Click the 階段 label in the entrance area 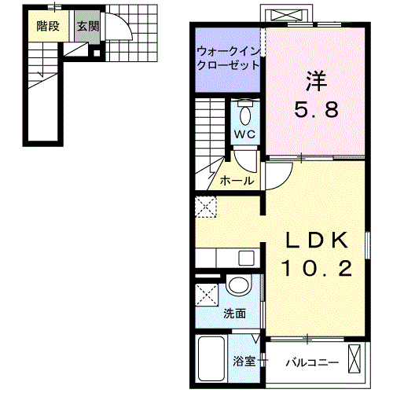47,24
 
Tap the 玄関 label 88,24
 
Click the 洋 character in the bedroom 316,79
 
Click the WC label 244,134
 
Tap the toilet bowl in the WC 245,116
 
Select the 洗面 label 234,313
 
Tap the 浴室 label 243,362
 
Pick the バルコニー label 311,362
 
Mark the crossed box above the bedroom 287,15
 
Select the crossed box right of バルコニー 357,359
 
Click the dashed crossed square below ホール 208,208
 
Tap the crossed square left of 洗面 208,297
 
